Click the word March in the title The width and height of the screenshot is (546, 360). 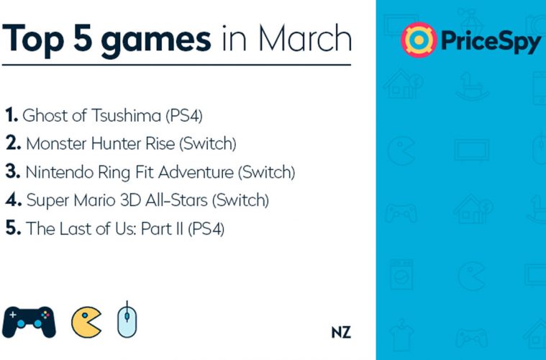(305, 38)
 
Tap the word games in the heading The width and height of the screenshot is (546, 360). (156, 42)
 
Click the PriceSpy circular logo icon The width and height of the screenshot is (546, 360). (419, 40)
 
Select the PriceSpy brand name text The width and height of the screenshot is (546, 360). (491, 42)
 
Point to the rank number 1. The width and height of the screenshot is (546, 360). (12, 114)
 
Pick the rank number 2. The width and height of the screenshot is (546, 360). (13, 143)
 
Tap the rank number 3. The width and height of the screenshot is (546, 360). (13, 171)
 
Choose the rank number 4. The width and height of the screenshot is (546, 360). (14, 199)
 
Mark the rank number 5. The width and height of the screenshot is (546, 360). (13, 228)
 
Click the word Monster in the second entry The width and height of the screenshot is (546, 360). (55, 143)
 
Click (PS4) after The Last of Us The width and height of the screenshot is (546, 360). (206, 229)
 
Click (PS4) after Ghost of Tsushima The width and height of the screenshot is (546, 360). (184, 116)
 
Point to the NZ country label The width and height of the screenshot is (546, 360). (341, 333)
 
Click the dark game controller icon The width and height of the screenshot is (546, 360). (29, 322)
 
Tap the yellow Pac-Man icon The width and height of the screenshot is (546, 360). (86, 322)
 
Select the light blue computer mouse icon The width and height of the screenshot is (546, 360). (127, 320)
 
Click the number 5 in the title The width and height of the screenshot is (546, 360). (83, 38)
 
